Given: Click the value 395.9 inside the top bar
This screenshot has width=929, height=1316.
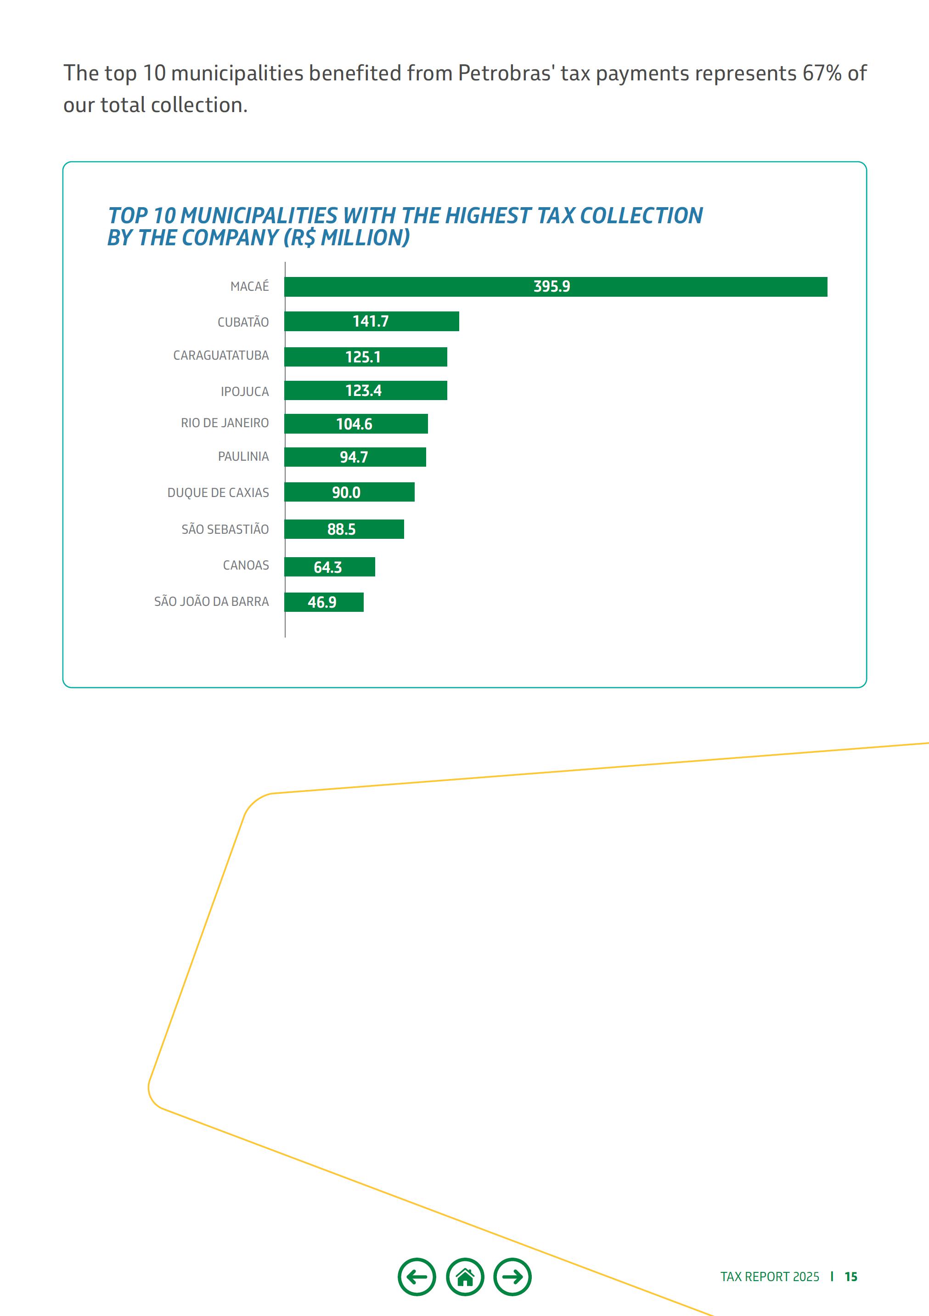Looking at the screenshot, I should [552, 287].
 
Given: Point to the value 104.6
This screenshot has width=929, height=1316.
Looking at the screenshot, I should [354, 424].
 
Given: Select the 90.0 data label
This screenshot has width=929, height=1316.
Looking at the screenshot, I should [346, 492].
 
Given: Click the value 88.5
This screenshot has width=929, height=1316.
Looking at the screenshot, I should [342, 529].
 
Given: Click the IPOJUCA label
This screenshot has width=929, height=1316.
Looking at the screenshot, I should [245, 391].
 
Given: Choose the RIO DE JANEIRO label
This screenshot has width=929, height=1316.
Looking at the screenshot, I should [225, 423].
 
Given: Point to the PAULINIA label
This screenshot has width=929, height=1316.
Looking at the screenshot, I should [243, 456].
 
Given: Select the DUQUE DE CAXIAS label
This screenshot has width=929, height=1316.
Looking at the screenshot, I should [218, 492].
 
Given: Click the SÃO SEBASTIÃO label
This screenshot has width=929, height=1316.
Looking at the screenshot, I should [225, 529].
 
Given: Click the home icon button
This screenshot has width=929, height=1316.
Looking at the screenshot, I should [465, 1276].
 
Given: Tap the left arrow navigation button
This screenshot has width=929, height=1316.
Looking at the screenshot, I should [417, 1276].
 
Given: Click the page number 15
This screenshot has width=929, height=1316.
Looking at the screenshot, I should [851, 1276].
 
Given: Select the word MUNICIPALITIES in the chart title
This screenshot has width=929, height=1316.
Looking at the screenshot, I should [259, 215].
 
